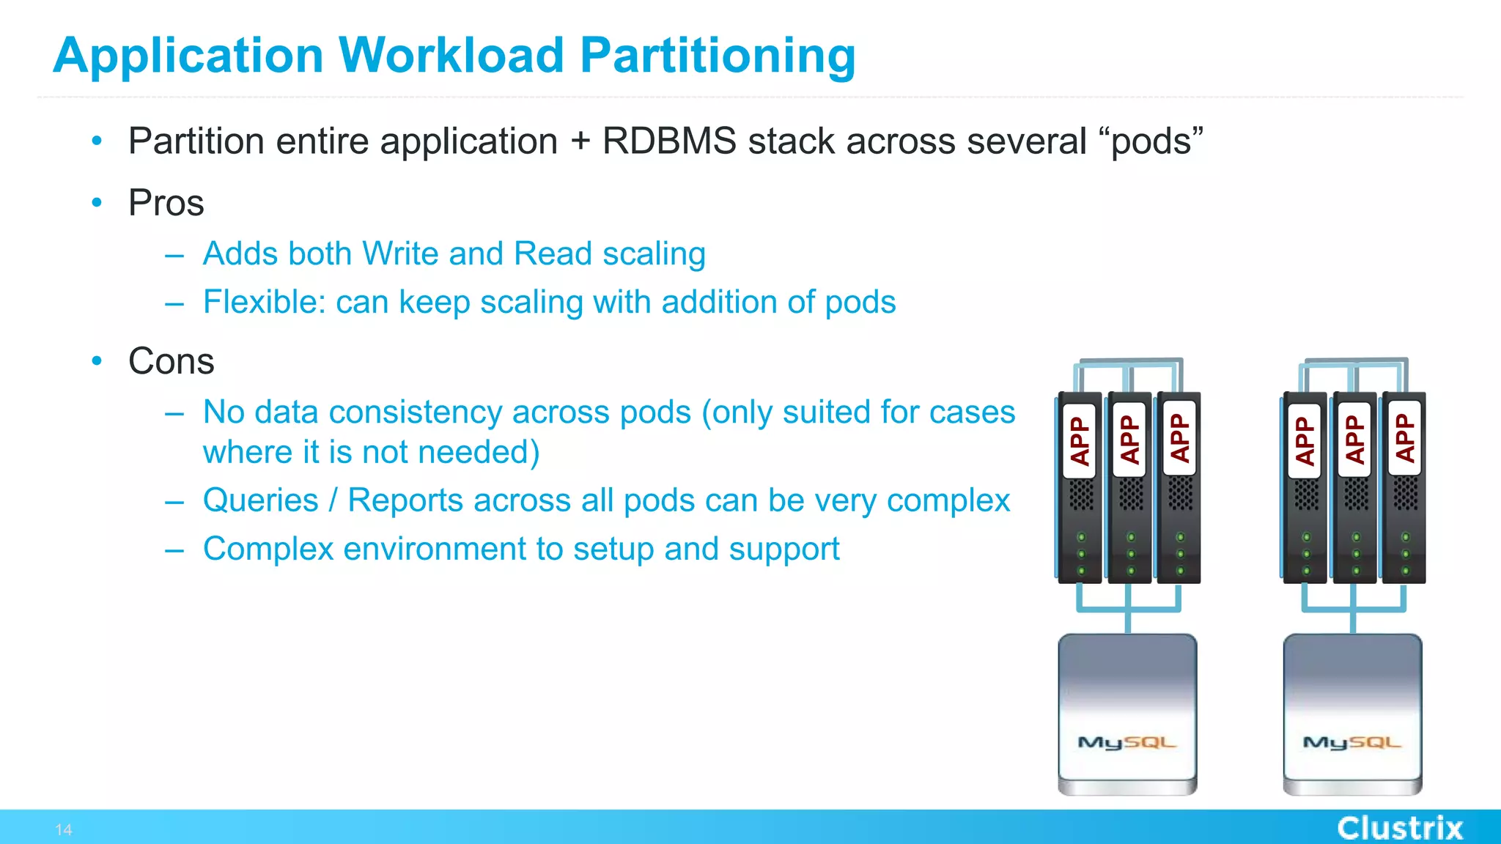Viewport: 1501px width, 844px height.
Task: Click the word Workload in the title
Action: click(451, 56)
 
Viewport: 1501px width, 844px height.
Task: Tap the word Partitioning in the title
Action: click(718, 56)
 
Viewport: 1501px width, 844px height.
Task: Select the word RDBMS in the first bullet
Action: click(668, 141)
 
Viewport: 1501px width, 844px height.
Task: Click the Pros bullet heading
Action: click(166, 203)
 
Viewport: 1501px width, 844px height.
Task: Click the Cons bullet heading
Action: click(171, 361)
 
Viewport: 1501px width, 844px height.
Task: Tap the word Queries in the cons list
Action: click(261, 500)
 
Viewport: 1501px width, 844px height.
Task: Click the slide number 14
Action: click(64, 830)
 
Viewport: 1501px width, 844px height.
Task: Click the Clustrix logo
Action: click(1400, 828)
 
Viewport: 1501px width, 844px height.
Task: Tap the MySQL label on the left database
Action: click(1126, 742)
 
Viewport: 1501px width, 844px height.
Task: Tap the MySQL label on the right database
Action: click(1351, 742)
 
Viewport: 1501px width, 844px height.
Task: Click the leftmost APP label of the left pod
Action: click(1080, 440)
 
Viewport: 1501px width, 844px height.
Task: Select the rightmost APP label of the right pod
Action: click(1404, 438)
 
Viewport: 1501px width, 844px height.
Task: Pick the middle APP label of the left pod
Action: click(1129, 440)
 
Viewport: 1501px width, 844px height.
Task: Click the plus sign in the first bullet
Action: click(580, 141)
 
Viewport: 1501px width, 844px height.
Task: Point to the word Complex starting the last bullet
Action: click(268, 549)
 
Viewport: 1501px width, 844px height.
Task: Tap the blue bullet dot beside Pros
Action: click(97, 203)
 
